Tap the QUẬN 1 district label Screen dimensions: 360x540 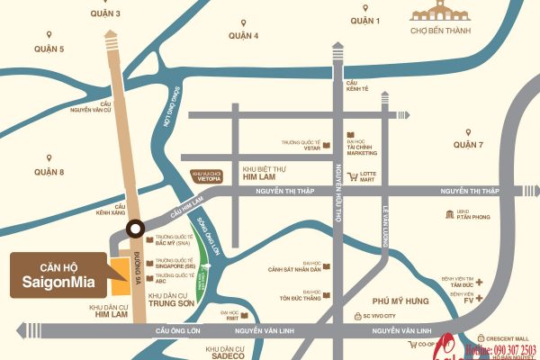[x=365, y=20]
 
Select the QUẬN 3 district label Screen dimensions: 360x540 [x=105, y=13]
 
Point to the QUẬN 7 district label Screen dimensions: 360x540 [x=468, y=144]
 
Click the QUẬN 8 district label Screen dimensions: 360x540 [x=49, y=171]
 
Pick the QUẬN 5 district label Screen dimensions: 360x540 [x=49, y=49]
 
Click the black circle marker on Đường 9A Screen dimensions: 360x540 [x=136, y=229]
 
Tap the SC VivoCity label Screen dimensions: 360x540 [x=382, y=317]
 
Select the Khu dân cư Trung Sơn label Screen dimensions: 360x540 [x=171, y=299]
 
